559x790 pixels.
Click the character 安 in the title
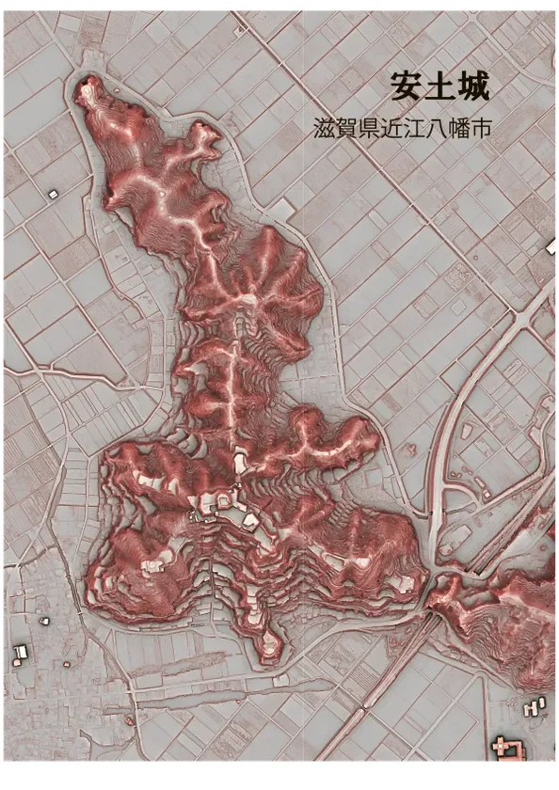407,87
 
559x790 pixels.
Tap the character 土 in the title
440,87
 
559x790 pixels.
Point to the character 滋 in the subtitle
325,130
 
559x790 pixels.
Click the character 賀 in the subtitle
348,130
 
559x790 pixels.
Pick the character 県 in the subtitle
372,130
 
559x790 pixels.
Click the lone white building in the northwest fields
53,193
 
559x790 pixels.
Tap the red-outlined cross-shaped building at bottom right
511,749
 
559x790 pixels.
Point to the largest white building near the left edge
20,653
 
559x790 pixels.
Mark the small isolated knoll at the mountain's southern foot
269,643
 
